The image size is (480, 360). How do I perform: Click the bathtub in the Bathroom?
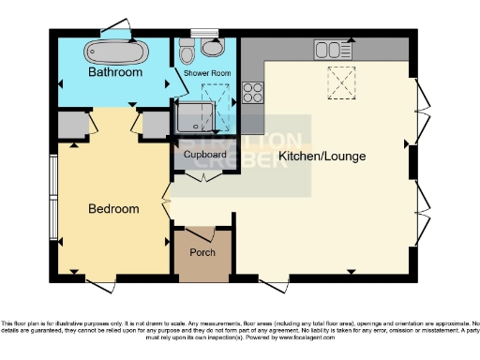point(114,51)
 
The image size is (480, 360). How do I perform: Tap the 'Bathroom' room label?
point(115,72)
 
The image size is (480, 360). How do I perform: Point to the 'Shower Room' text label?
point(206,72)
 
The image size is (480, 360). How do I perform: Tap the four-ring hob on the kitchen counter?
point(253,92)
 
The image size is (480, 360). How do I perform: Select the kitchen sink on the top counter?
point(333,49)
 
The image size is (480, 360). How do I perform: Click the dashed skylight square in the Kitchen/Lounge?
point(341,83)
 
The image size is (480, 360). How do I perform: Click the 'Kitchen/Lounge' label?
point(322,156)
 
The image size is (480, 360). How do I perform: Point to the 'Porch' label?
point(202,252)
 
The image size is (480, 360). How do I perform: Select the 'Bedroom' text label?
point(113,208)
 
